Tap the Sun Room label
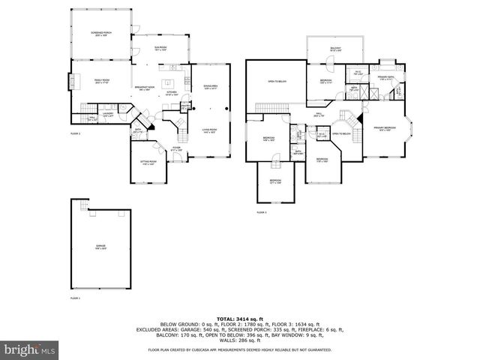[x=160, y=48]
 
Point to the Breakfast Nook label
[x=144, y=88]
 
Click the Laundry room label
[x=107, y=114]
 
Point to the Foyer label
[x=177, y=148]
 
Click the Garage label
[x=100, y=246]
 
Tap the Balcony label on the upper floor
[x=334, y=49]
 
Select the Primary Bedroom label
[x=385, y=128]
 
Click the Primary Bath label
[x=387, y=77]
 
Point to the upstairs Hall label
[x=318, y=115]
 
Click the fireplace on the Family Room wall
[x=72, y=80]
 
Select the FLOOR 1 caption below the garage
[x=75, y=298]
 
